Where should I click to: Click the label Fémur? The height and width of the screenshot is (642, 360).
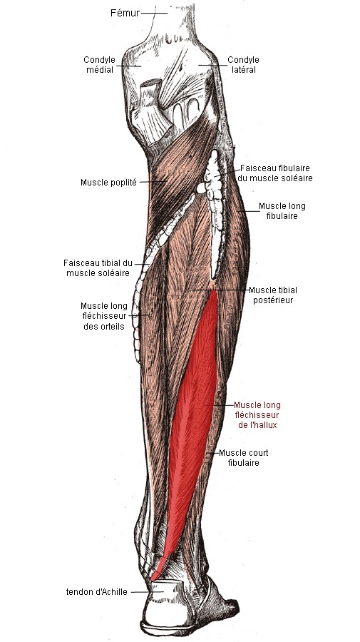click(x=125, y=13)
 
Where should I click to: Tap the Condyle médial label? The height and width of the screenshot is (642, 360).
click(x=99, y=65)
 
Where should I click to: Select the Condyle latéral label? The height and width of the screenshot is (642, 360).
click(x=243, y=65)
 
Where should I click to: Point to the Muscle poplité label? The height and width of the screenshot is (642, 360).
click(x=108, y=182)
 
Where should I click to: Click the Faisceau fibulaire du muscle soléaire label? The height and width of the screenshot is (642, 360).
click(x=275, y=173)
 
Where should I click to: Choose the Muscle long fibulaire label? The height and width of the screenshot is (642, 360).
click(x=282, y=211)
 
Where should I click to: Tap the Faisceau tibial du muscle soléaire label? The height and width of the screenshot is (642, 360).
click(x=98, y=267)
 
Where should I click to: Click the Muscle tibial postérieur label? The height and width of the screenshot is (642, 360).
click(x=273, y=295)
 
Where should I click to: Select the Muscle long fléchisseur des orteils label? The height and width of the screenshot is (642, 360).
click(x=104, y=316)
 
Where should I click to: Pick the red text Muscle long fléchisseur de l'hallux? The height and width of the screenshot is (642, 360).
click(x=257, y=414)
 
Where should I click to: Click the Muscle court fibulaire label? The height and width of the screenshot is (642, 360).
click(x=243, y=458)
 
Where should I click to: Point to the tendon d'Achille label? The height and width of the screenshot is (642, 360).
click(x=96, y=591)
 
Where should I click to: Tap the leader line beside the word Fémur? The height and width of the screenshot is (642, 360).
click(x=154, y=13)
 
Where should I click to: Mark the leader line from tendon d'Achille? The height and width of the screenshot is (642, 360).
click(x=148, y=591)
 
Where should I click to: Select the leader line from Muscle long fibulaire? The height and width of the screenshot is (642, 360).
click(x=247, y=211)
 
